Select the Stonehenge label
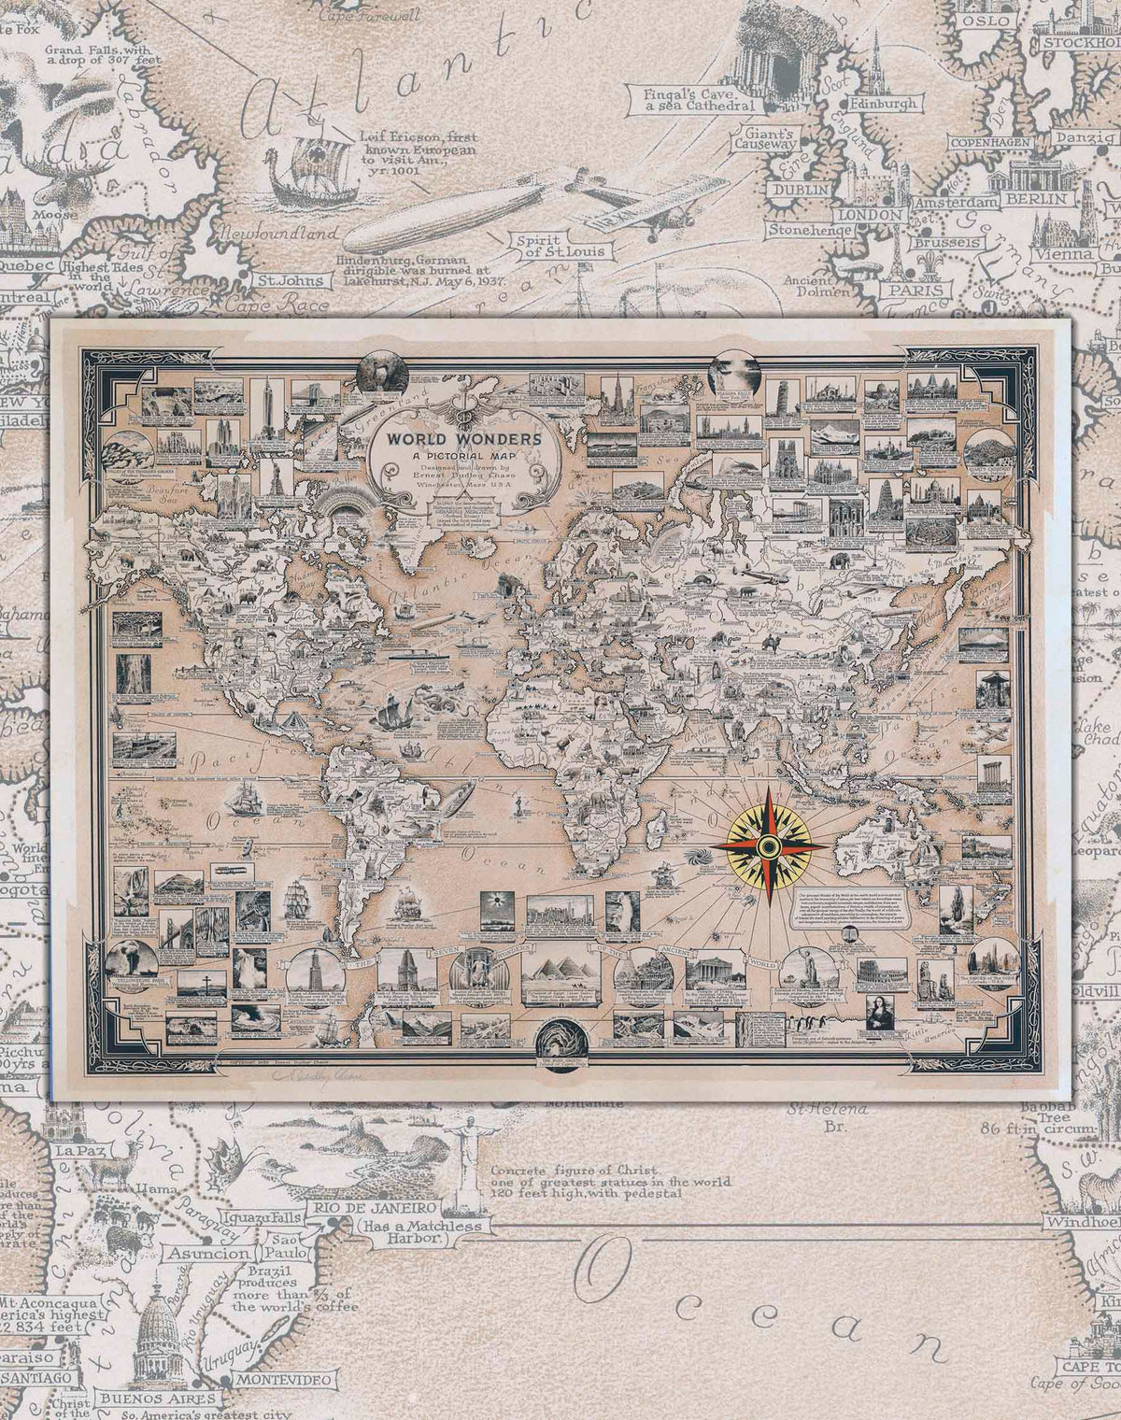click(810, 228)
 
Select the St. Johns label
click(291, 279)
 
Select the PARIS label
click(913, 289)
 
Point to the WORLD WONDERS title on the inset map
click(454, 439)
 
